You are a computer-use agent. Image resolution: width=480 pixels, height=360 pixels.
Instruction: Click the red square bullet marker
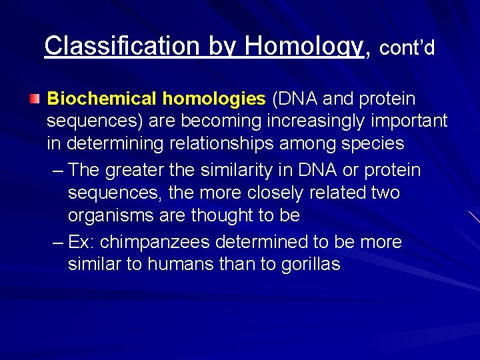35,99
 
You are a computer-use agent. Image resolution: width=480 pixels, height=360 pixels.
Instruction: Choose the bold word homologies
214,99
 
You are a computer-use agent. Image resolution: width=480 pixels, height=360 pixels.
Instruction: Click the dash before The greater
57,171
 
